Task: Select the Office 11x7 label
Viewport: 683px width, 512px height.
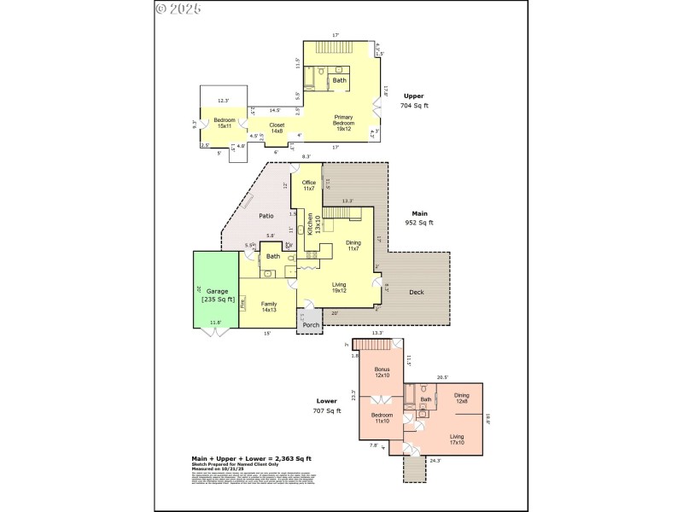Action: tap(308, 185)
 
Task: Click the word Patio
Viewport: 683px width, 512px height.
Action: tap(266, 216)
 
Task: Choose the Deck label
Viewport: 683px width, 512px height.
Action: tap(416, 293)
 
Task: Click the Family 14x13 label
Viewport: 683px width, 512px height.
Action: tap(269, 307)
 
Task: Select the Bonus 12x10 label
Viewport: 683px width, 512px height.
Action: tap(382, 372)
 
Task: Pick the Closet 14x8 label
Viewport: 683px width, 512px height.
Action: tap(277, 128)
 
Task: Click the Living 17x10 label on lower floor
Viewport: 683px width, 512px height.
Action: tap(457, 439)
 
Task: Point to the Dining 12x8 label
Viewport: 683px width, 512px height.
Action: tap(461, 397)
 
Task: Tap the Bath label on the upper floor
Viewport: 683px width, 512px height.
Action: tap(339, 80)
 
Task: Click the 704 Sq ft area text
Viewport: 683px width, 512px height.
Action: tap(413, 106)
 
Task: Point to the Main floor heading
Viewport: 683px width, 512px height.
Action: tap(419, 213)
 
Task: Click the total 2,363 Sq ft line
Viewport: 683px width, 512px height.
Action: tap(251, 458)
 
